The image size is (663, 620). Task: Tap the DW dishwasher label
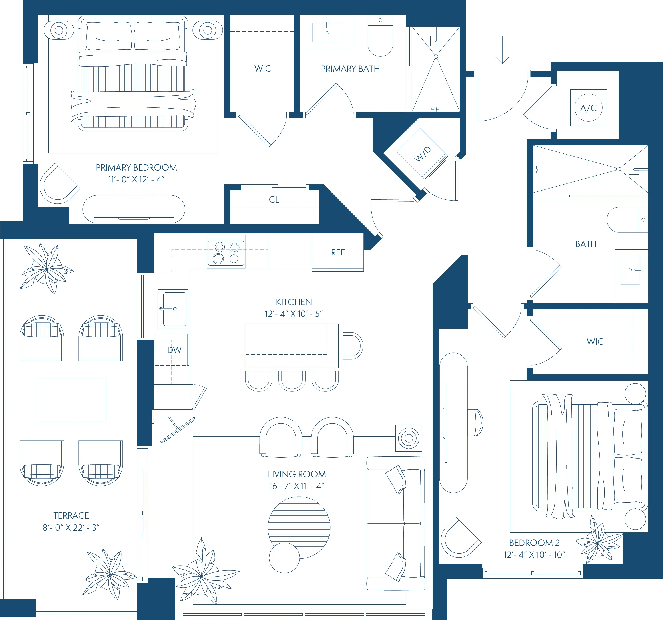[x=174, y=350]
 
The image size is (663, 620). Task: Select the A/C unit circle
[x=588, y=108]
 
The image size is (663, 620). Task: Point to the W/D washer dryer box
[x=422, y=154]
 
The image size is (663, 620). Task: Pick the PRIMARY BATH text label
[x=350, y=69]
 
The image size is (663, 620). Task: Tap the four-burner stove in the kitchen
[x=226, y=252]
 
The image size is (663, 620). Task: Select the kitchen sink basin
[x=174, y=309]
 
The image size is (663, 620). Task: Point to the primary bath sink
[x=327, y=32]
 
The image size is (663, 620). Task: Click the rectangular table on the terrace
[x=71, y=400]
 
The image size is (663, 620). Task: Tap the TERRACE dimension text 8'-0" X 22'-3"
[x=71, y=527]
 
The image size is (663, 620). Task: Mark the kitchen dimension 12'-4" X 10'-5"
[x=294, y=314]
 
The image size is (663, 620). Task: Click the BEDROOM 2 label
[x=534, y=543]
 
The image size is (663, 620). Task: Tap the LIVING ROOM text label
[x=296, y=474]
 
